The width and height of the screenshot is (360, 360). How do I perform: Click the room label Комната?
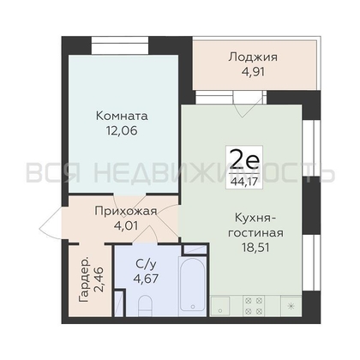coord(122,116)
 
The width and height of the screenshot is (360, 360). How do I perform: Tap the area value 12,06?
coord(122,130)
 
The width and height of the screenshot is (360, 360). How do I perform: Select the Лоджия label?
coord(253,57)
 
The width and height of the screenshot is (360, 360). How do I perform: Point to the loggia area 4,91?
coord(253,72)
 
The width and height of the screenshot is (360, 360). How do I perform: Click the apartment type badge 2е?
coord(244,161)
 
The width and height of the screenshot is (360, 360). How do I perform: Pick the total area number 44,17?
coord(244,182)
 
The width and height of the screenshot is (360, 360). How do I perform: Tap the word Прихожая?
coord(126,212)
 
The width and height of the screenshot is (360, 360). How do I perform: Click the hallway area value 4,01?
coord(126,226)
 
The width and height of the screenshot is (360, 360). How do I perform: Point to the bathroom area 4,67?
coord(146,278)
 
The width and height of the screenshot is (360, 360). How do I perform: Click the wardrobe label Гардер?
coord(83,280)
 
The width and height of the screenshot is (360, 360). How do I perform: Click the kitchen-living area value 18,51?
coord(255,248)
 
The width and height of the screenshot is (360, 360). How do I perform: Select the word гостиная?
coord(255,233)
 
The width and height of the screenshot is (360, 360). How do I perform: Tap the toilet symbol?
coord(145,307)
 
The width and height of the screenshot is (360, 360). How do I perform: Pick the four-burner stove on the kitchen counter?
coord(254,306)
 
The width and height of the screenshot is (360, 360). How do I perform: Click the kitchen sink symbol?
coord(220,306)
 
